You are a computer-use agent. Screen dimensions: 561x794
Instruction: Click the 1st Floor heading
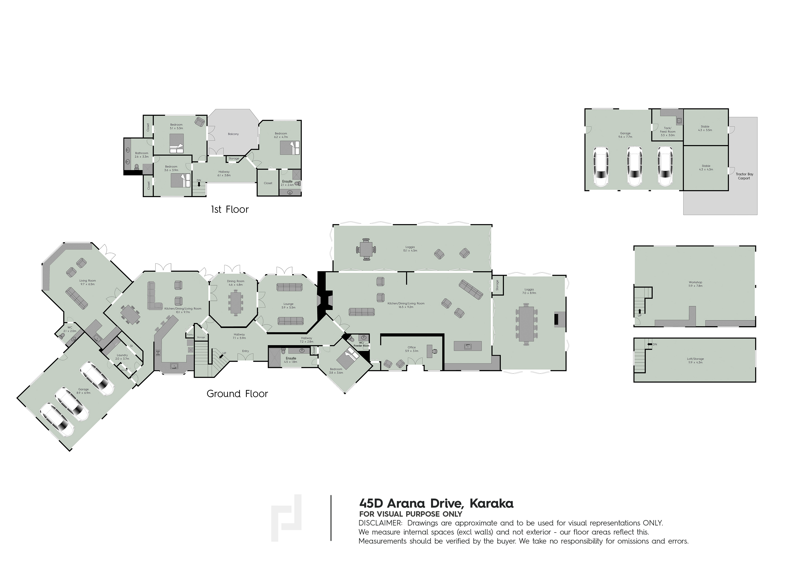[230, 209]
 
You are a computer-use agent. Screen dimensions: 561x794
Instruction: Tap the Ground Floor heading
[237, 394]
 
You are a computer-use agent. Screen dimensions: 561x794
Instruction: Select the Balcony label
[233, 134]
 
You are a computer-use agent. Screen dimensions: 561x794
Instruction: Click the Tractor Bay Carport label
[744, 176]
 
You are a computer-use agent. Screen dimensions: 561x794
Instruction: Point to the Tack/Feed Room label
[668, 132]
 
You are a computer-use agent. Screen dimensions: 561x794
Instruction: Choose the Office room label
[412, 347]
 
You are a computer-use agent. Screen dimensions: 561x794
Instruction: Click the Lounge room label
[289, 304]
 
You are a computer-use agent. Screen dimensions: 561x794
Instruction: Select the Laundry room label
[122, 355]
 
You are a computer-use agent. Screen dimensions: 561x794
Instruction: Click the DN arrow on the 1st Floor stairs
[199, 184]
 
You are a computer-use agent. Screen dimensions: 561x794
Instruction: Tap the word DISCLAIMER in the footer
[380, 523]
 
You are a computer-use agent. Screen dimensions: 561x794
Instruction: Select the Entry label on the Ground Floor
[245, 351]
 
